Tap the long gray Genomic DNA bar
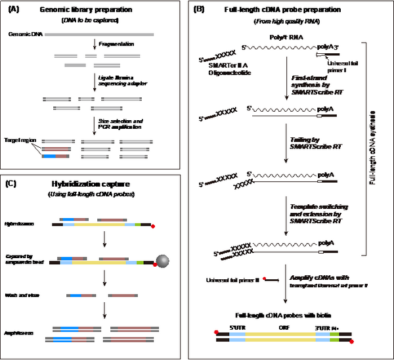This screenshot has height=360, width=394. point(99,33)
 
